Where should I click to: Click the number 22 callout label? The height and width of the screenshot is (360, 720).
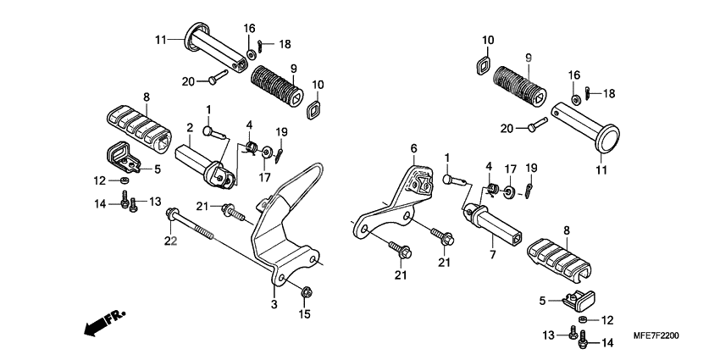coord(170,241)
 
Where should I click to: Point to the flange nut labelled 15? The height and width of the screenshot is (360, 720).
coord(305,293)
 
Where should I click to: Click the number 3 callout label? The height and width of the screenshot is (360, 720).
coord(274,304)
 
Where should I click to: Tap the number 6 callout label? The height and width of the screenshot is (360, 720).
coord(413,148)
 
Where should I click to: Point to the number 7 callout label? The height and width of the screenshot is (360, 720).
coord(491,253)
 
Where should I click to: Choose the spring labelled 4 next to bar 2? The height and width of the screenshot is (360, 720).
coord(251,149)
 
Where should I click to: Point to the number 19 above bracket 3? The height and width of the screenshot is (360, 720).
coord(281,131)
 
